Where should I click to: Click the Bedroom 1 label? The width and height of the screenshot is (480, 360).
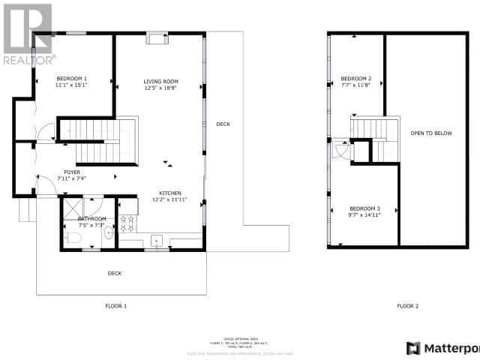click(72, 79)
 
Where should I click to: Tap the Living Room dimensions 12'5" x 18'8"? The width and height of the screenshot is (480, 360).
click(160, 88)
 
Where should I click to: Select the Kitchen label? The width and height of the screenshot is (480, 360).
click(169, 193)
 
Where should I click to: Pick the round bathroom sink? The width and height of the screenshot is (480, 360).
click(109, 233)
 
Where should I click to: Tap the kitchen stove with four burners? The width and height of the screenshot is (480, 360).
click(127, 222)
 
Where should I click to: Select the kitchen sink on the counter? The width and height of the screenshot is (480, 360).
click(157, 241)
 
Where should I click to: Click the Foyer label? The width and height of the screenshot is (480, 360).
click(72, 172)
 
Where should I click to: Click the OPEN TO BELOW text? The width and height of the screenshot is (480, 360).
click(431, 133)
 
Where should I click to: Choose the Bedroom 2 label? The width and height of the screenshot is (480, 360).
click(355, 79)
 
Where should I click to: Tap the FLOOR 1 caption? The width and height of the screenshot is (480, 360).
click(115, 306)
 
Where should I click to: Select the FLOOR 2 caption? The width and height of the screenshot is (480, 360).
click(407, 306)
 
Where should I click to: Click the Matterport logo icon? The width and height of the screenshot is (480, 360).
click(412, 348)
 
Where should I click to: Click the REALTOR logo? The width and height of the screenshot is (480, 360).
click(28, 34)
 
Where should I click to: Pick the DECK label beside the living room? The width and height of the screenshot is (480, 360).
click(223, 124)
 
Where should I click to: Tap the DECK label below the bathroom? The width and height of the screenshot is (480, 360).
click(114, 273)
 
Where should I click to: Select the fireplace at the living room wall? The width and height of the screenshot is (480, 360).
click(157, 38)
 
